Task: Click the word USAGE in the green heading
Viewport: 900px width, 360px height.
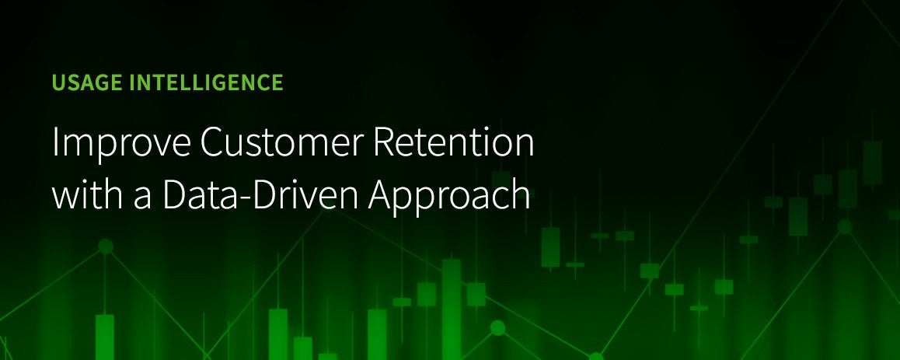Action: pyautogui.click(x=87, y=82)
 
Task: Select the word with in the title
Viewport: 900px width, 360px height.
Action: pyautogui.click(x=85, y=194)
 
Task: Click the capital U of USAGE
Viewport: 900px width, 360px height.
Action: pyautogui.click(x=58, y=83)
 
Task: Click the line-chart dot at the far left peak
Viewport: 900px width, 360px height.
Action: pyautogui.click(x=105, y=246)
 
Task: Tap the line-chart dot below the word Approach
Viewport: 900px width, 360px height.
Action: pyautogui.click(x=497, y=328)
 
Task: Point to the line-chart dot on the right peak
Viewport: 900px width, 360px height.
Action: pyautogui.click(x=844, y=227)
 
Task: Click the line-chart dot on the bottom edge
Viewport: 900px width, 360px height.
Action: pyautogui.click(x=596, y=357)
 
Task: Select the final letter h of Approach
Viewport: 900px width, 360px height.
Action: pyautogui.click(x=522, y=194)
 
